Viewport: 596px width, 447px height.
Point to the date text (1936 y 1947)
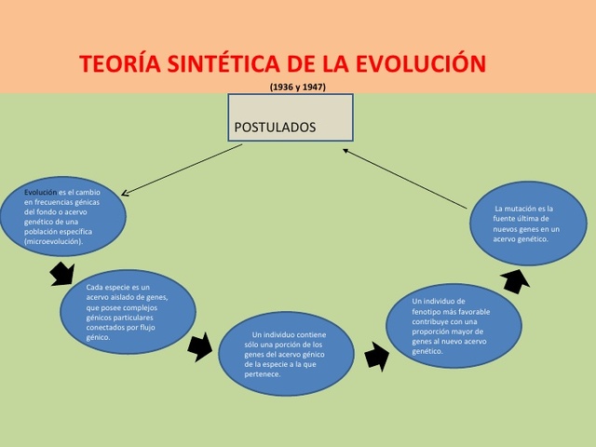coord(298,87)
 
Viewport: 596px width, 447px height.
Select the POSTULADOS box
coord(291,117)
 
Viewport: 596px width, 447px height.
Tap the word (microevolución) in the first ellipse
coord(54,241)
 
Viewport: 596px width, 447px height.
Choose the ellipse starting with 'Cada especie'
coord(128,311)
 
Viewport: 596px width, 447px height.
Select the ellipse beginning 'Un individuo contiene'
coord(286,354)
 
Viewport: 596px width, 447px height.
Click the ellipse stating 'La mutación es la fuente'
coord(527,223)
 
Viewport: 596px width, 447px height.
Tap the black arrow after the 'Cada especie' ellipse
coord(199,347)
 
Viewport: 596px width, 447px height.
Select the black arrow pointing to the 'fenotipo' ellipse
coord(376,355)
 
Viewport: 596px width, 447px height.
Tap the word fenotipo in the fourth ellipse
coord(429,311)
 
